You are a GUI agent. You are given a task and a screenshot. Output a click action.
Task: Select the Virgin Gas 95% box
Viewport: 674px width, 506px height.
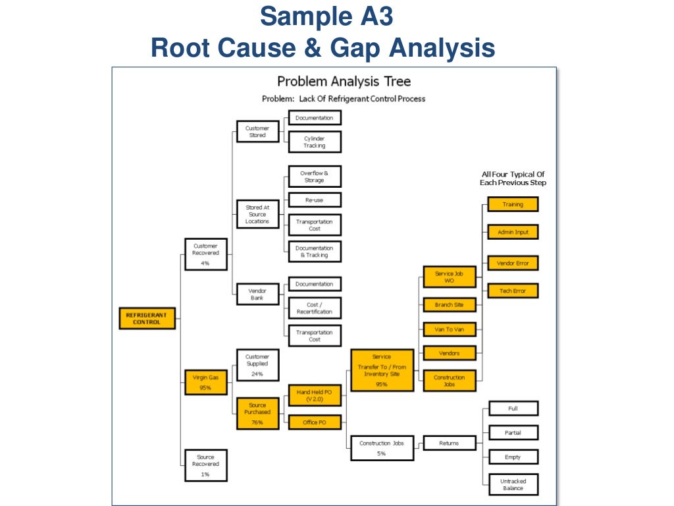click(x=205, y=383)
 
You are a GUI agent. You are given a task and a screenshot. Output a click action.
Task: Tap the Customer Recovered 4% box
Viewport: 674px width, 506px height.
click(x=205, y=254)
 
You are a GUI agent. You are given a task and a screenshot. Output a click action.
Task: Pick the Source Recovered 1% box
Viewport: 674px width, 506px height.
click(x=205, y=464)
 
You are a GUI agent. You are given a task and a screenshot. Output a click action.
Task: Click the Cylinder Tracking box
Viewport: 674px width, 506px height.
click(x=315, y=142)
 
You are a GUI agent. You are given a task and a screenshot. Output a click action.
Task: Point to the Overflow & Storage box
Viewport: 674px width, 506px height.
click(x=315, y=177)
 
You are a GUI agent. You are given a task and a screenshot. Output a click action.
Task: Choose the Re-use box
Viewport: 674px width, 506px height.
click(x=315, y=200)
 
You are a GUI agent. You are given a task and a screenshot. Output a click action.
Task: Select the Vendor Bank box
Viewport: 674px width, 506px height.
click(x=257, y=294)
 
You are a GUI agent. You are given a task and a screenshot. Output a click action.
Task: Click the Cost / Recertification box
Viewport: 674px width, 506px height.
click(x=315, y=308)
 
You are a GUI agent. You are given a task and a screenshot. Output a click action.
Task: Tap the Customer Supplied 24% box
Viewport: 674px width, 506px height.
click(x=257, y=365)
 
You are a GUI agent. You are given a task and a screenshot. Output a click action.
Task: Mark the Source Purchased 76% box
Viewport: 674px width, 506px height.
click(x=257, y=414)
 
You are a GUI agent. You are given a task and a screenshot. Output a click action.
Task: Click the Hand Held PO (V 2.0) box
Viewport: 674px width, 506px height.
click(x=315, y=395)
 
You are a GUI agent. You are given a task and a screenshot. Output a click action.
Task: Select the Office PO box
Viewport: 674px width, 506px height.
click(x=315, y=422)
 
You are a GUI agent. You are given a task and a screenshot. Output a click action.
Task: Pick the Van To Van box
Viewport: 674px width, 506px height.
click(x=449, y=329)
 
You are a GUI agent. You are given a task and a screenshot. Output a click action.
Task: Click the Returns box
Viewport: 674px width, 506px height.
click(x=449, y=443)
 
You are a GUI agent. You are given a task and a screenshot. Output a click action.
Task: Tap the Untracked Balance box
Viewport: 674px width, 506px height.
click(x=513, y=484)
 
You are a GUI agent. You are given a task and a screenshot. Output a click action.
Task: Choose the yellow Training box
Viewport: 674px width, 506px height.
click(x=513, y=204)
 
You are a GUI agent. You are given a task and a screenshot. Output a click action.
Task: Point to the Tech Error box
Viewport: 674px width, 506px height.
click(x=513, y=291)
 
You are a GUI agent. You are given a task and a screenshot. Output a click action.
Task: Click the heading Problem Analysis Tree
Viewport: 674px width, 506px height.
click(x=344, y=82)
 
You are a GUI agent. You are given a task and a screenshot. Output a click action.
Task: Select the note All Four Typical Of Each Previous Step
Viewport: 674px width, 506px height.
click(x=513, y=179)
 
